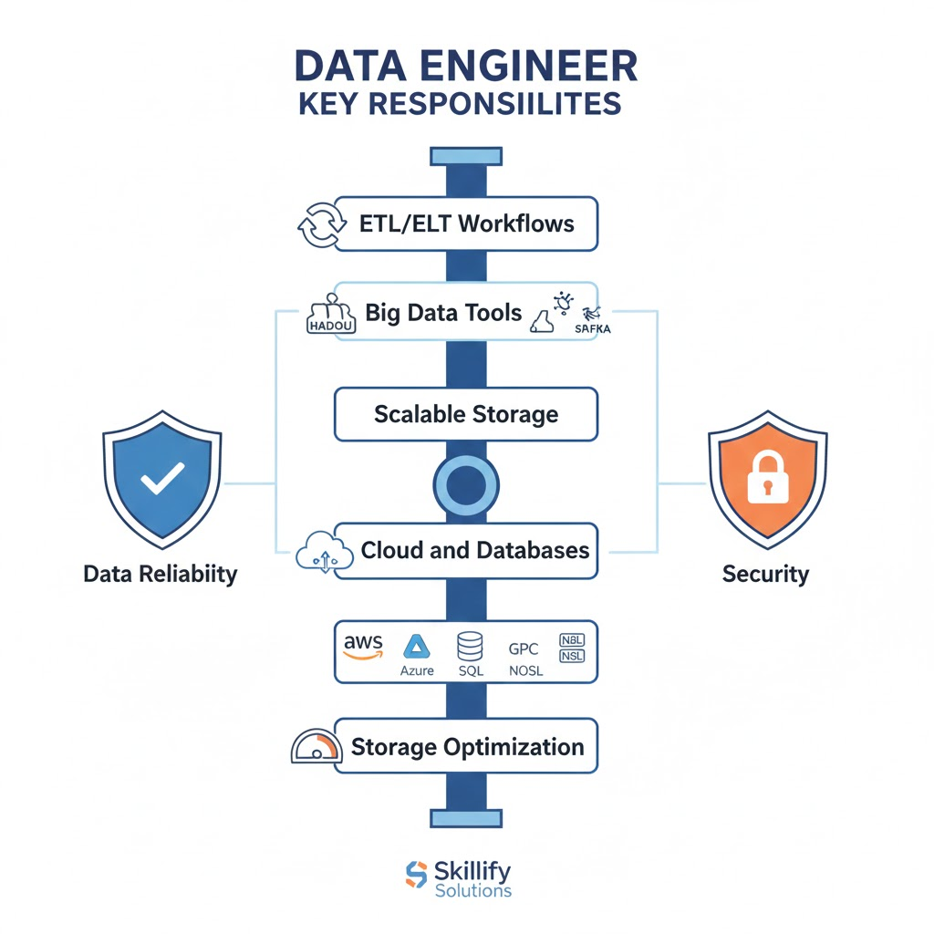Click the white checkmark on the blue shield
(x=162, y=478)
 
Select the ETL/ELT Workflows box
(x=466, y=223)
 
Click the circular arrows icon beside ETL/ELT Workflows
(x=322, y=223)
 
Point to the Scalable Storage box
(x=466, y=414)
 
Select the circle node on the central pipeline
(x=466, y=485)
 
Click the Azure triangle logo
(x=418, y=647)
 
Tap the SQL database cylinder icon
(x=470, y=647)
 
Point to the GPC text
(x=524, y=649)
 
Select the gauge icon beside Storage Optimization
(x=315, y=747)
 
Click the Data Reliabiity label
(x=160, y=574)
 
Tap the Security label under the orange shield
(x=765, y=574)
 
